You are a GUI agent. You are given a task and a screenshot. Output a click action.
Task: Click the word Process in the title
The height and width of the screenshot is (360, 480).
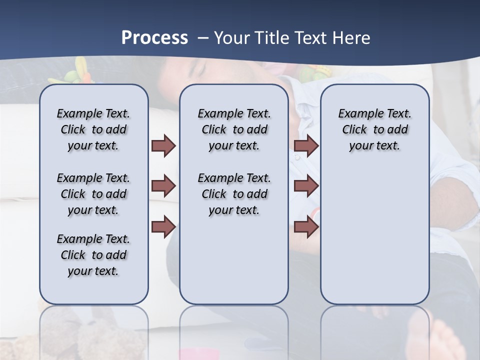[x=154, y=38]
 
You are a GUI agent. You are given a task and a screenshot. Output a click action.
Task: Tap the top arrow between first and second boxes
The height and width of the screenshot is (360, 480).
[x=163, y=145]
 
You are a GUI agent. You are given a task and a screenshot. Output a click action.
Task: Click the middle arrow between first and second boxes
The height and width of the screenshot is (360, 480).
[x=163, y=186]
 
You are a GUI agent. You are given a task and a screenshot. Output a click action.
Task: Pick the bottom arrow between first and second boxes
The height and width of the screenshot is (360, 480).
[x=163, y=226]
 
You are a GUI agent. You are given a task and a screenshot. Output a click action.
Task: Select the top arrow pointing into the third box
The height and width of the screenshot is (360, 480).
[x=306, y=145]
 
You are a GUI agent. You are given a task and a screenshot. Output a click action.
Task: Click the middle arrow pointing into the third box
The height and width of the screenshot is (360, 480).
[x=306, y=186]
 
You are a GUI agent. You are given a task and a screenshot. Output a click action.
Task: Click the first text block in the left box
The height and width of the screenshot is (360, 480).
[x=93, y=129]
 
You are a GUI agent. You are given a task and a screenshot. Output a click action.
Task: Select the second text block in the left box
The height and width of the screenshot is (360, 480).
[x=93, y=194]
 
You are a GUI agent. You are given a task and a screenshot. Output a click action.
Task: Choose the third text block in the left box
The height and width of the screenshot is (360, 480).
[x=93, y=255]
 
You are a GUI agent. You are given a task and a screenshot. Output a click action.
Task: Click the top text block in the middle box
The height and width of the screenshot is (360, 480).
[x=234, y=129]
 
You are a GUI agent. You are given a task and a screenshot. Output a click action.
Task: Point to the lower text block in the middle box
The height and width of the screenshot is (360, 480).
[x=234, y=194]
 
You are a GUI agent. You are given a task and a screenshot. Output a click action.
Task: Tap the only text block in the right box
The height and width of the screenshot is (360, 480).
[x=374, y=129]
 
